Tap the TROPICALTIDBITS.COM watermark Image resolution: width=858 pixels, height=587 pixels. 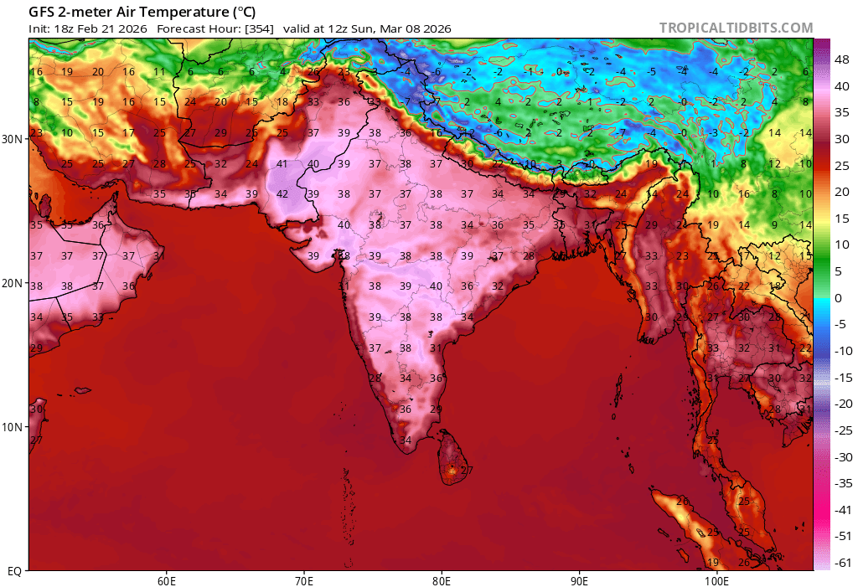[736, 28]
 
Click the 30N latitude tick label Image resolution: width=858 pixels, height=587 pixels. [13, 139]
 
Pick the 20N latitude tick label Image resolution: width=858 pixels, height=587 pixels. [13, 283]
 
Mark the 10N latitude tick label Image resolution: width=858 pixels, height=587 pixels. [13, 427]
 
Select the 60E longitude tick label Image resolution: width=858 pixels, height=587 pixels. [166, 579]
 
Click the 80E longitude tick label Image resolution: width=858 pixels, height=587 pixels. [442, 579]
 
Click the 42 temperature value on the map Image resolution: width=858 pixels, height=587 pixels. [282, 194]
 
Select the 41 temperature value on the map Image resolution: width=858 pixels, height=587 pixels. [282, 164]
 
